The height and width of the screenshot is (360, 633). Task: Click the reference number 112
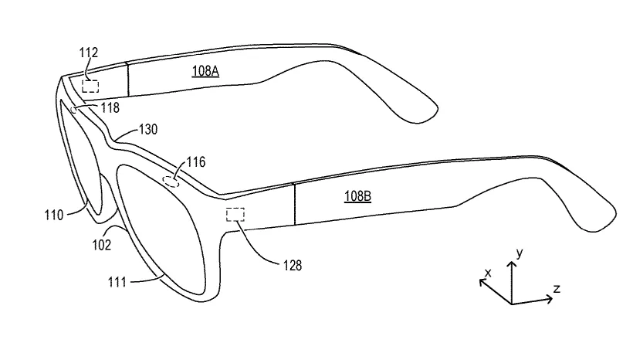(89, 53)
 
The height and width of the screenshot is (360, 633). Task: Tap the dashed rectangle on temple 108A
(90, 86)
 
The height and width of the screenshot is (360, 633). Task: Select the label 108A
(205, 71)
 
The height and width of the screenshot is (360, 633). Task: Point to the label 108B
(357, 196)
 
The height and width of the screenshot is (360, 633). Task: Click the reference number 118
(110, 107)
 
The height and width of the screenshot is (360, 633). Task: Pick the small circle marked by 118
(74, 110)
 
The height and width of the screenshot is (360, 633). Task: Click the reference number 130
(148, 129)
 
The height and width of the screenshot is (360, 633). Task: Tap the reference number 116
(196, 162)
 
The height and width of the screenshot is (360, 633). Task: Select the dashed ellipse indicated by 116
(171, 182)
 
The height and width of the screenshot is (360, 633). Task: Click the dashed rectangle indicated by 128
(235, 215)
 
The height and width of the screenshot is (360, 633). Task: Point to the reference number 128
(293, 266)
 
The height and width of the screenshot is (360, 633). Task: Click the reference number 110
(54, 215)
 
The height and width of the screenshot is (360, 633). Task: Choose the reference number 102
(101, 245)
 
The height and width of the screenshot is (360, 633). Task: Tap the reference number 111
(117, 282)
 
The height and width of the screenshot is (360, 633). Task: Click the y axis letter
(520, 253)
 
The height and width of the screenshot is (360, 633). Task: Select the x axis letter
(488, 273)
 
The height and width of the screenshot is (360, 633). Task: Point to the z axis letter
(557, 288)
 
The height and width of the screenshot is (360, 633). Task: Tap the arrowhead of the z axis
(549, 299)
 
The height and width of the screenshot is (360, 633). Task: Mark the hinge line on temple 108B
(295, 205)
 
